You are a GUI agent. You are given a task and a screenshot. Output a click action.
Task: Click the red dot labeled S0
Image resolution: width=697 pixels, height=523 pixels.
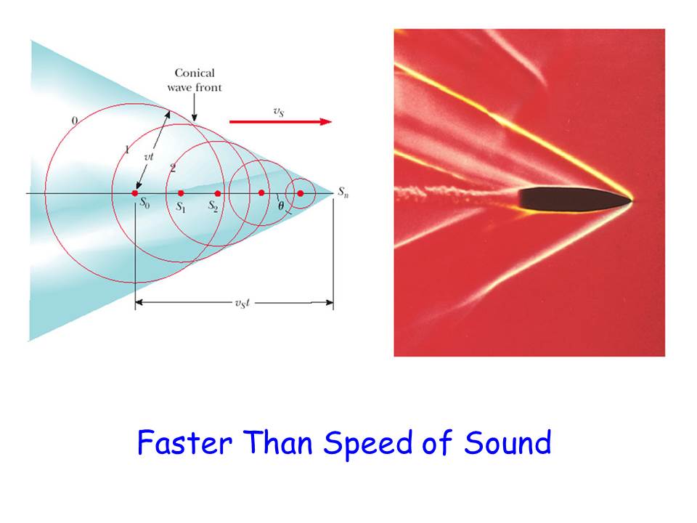tap(135, 193)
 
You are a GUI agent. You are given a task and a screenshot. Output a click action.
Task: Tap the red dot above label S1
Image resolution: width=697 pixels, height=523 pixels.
tap(181, 193)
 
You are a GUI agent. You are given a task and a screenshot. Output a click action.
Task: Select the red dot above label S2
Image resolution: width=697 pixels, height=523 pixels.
tap(217, 193)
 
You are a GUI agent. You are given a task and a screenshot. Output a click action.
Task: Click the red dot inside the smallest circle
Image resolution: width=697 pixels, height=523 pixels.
tap(301, 193)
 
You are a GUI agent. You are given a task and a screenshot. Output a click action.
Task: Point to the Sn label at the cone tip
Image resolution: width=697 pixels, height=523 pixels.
tap(343, 192)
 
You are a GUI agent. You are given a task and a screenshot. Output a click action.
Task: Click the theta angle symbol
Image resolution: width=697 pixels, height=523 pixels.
tap(281, 206)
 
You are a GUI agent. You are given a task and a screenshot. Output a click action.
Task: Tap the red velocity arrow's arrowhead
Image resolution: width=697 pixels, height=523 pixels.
tap(326, 121)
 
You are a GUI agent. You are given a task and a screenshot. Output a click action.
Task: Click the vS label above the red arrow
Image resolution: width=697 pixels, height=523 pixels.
tap(279, 111)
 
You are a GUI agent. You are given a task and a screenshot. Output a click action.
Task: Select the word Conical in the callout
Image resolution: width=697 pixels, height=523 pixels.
tap(195, 73)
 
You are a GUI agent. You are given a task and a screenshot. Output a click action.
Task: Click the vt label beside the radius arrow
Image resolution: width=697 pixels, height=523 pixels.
tap(149, 157)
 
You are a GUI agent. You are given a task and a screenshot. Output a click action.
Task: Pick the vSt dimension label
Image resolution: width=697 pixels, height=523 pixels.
tap(242, 304)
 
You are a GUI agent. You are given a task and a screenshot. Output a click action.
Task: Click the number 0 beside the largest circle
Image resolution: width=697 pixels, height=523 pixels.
tap(75, 121)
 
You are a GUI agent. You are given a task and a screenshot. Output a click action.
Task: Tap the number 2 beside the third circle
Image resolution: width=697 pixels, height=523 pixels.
tap(173, 168)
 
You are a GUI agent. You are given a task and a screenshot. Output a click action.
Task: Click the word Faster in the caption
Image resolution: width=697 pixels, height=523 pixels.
tap(184, 442)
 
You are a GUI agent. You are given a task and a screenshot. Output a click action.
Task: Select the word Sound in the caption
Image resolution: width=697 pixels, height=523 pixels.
tap(508, 442)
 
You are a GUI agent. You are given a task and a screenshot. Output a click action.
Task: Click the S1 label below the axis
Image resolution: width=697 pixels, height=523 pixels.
tap(181, 207)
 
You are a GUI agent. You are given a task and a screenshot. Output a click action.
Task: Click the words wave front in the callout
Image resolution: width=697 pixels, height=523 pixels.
tap(195, 88)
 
